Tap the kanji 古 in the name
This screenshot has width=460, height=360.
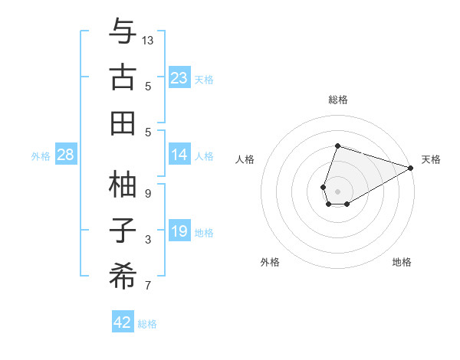123,78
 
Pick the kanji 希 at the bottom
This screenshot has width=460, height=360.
123,276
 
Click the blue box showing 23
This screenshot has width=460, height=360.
179,77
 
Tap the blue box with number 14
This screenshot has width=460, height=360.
179,155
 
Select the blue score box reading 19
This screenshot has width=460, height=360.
179,231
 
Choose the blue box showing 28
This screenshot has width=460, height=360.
66,155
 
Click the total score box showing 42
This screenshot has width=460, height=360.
123,322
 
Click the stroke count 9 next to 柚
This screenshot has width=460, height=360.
148,194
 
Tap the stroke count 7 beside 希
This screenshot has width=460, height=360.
148,286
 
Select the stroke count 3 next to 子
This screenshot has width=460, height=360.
148,241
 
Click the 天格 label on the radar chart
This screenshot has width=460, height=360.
431,159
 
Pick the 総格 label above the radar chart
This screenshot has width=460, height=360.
337,100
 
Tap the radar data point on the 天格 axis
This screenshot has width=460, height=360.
411,168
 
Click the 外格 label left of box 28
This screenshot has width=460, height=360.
41,155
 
